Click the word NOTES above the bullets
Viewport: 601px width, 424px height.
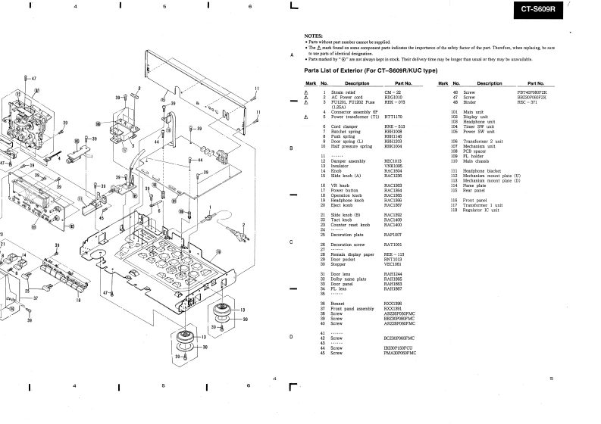pyautogui.click(x=313, y=36)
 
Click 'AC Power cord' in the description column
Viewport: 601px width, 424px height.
pyautogui.click(x=347, y=97)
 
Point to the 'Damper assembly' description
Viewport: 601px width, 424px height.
pyautogui.click(x=348, y=161)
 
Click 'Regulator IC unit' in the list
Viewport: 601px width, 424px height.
pyautogui.click(x=485, y=210)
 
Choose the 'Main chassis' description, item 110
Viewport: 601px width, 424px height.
pyautogui.click(x=480, y=161)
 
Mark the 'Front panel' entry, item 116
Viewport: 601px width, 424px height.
pyautogui.click(x=480, y=200)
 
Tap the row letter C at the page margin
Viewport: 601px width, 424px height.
pyautogui.click(x=292, y=242)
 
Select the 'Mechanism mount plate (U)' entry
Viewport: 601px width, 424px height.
pyautogui.click(x=496, y=176)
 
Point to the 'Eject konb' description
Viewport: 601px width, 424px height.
pyautogui.click(x=343, y=205)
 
